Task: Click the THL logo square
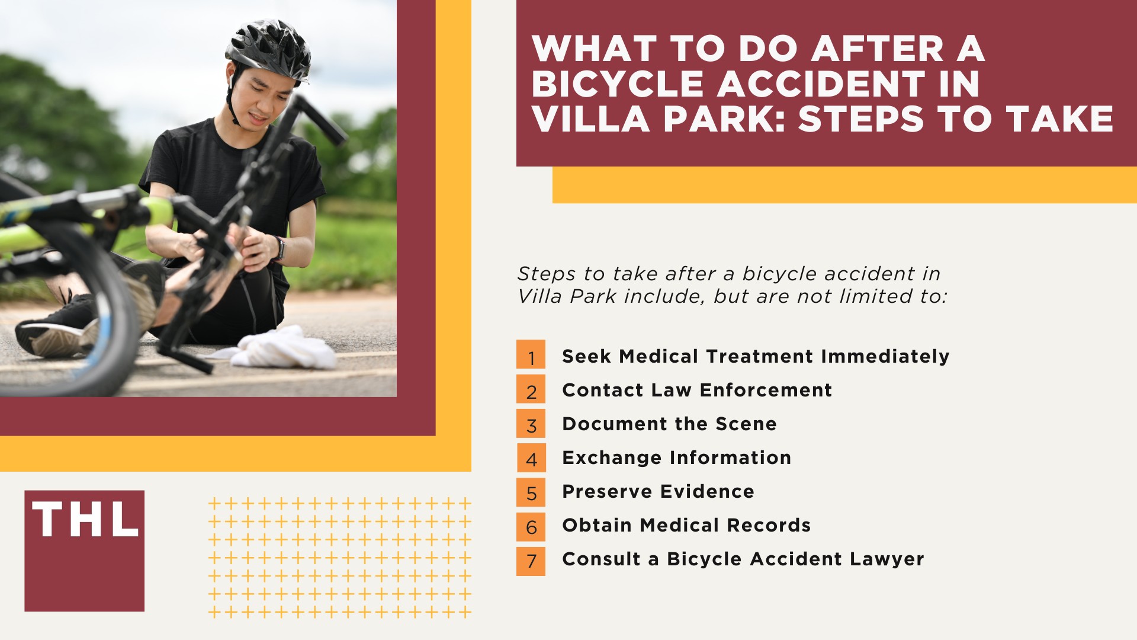(84, 551)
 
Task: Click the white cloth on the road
(284, 349)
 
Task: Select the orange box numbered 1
(531, 354)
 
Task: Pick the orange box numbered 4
(531, 457)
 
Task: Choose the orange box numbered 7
(531, 561)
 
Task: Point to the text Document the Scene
(669, 424)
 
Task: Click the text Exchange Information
(676, 457)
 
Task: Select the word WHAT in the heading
(595, 49)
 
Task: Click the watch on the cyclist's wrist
(279, 248)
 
